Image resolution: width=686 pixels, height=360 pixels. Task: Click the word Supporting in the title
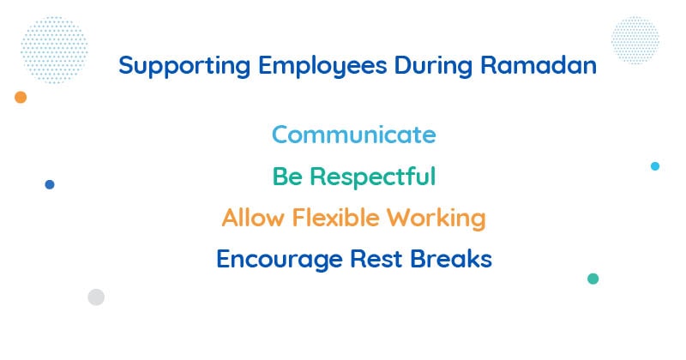coord(184,67)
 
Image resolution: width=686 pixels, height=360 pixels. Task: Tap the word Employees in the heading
coord(322,67)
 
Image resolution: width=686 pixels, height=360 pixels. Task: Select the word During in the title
coord(433,67)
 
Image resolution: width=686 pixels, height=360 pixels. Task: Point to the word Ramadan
coord(539,66)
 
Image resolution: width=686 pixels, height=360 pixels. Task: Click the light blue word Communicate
coord(354,135)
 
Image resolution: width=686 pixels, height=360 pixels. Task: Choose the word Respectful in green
coord(373,177)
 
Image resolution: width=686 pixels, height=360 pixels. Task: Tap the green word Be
coord(287,177)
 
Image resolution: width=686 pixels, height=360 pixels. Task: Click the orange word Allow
coord(253,218)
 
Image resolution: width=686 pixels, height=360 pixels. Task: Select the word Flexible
coord(335,218)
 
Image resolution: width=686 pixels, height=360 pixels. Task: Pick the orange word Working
coord(436,219)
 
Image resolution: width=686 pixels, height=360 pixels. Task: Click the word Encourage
coord(280,260)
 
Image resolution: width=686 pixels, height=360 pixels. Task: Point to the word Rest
coord(376,259)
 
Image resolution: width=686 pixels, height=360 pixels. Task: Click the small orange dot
coord(21,97)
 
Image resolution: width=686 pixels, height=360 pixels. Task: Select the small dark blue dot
coord(50,184)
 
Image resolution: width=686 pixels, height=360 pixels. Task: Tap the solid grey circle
coord(96,297)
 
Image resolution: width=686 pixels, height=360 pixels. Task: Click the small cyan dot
coord(655,166)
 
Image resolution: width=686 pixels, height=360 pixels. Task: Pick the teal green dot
coord(593,279)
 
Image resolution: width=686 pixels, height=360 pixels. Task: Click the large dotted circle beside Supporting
coord(54,50)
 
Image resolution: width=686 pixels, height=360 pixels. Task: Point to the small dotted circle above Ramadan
coord(635,40)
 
